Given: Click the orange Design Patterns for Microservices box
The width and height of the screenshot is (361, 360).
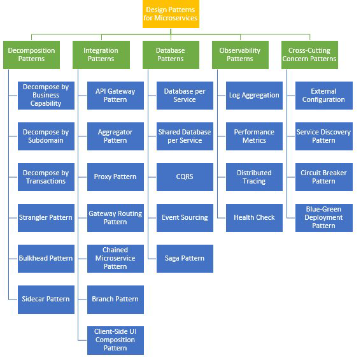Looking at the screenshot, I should (x=171, y=14).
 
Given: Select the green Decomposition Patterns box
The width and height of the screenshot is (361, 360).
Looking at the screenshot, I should (x=31, y=55).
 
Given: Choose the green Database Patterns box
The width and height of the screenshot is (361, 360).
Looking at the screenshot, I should (x=171, y=55).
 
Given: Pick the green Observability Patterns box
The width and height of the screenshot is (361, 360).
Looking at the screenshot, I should (x=240, y=55).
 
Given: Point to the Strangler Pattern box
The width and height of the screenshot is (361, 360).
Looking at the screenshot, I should (x=45, y=218).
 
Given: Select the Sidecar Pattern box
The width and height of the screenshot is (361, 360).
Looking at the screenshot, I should (x=45, y=299).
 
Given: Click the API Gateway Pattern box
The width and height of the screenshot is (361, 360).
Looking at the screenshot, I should (x=115, y=96).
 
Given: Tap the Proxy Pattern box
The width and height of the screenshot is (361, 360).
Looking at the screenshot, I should (x=115, y=176).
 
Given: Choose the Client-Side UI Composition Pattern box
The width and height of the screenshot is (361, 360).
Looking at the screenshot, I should (x=115, y=340).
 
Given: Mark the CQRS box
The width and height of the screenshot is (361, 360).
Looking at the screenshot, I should (x=185, y=176).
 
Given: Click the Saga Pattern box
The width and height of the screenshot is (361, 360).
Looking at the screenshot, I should (x=185, y=258).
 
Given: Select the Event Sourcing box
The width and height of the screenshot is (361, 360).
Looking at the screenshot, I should (x=185, y=218).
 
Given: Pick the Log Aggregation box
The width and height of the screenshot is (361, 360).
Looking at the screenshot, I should (x=254, y=96).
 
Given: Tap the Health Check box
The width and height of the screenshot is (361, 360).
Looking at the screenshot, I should (x=254, y=218).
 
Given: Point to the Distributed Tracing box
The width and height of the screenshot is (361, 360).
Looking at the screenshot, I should (x=254, y=176).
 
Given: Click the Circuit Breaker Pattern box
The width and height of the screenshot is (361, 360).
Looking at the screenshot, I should (x=323, y=176).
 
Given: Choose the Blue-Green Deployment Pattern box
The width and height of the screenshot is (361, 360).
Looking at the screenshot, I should (x=323, y=218).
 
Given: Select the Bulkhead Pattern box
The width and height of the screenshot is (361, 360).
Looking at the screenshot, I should (x=45, y=258).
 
